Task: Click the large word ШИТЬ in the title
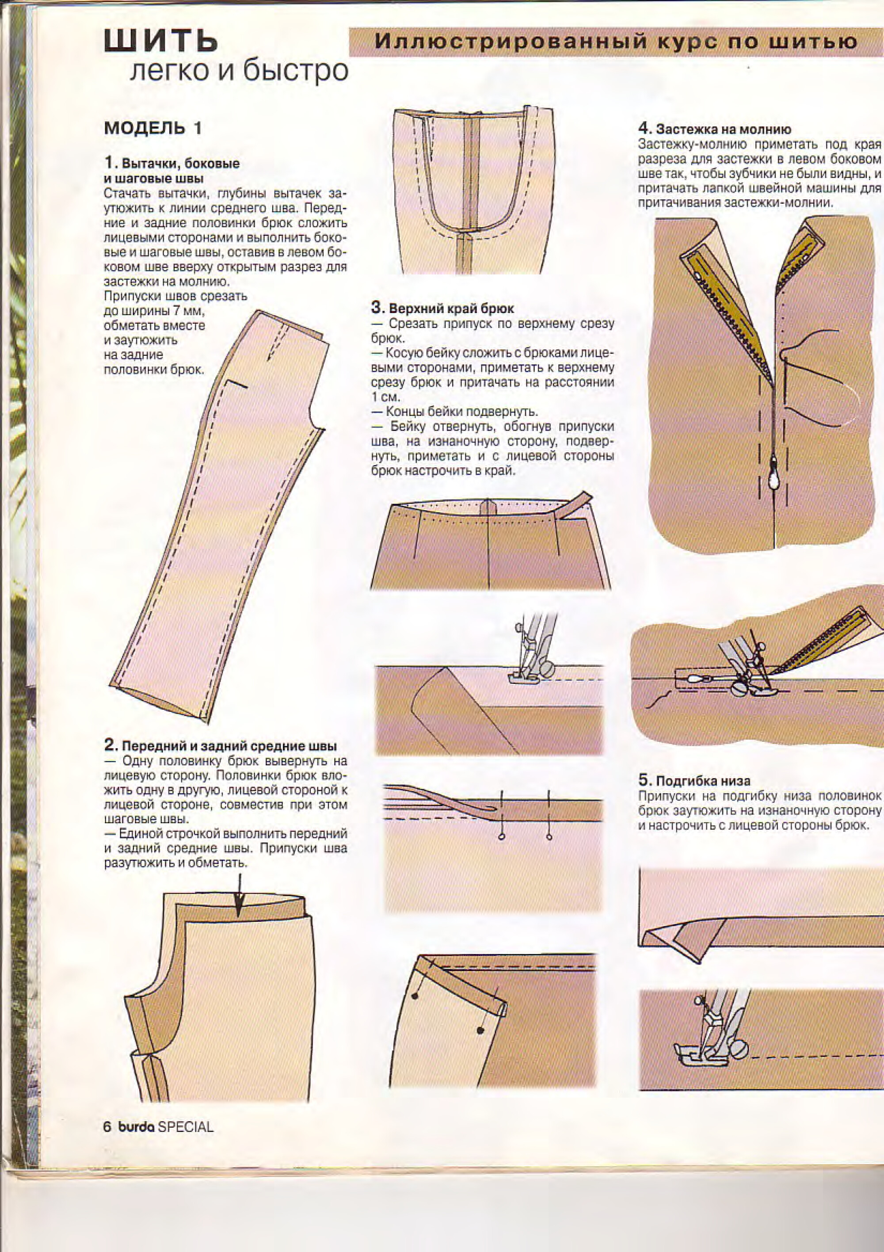[161, 42]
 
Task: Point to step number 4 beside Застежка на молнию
[644, 129]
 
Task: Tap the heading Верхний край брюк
[450, 309]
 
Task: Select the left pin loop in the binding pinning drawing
[501, 837]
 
